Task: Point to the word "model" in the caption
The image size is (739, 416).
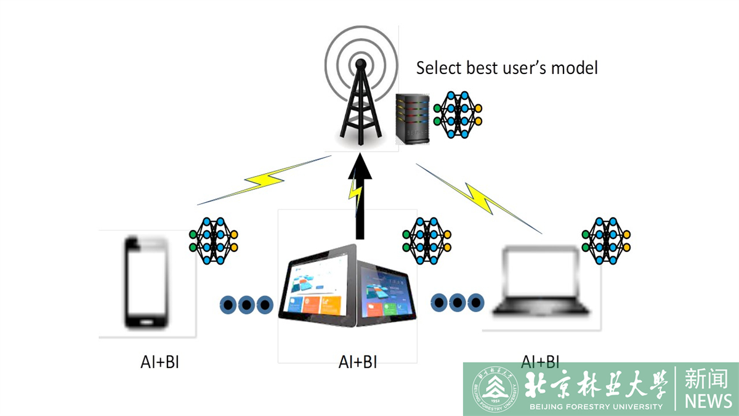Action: (575, 67)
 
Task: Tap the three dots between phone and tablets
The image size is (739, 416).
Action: (246, 304)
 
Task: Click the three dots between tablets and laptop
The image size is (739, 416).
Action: (457, 302)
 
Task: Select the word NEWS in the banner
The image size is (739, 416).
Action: (708, 401)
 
